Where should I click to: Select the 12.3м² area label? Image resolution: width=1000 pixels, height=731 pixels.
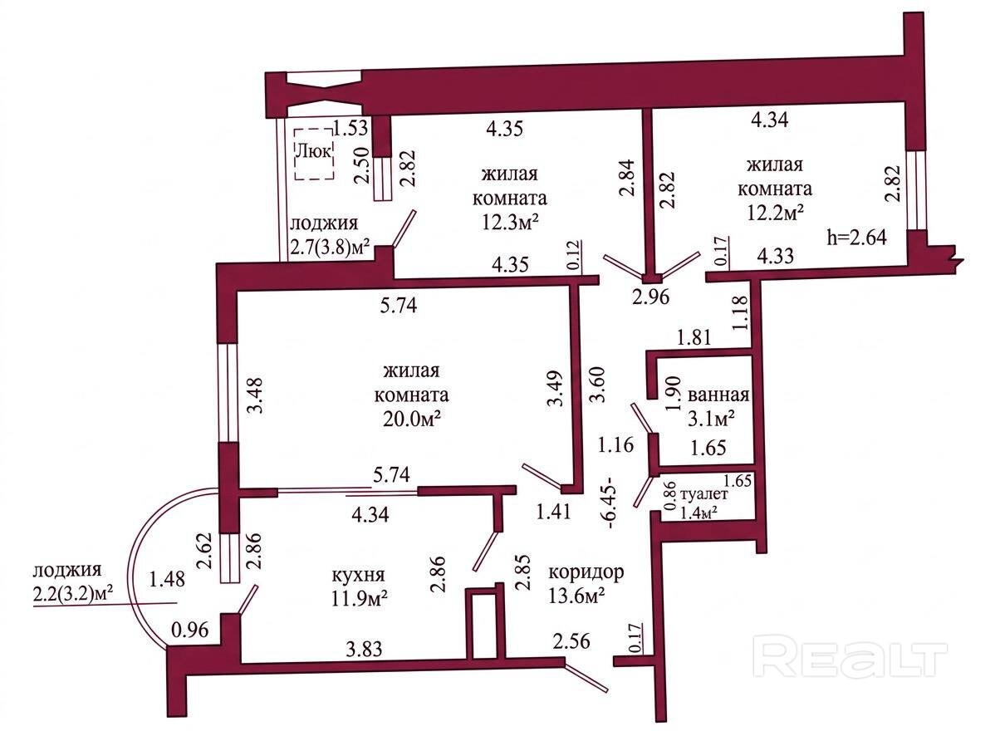tap(508, 222)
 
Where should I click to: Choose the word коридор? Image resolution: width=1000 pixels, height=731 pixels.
tap(586, 573)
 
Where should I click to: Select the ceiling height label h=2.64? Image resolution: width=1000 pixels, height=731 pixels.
tap(858, 236)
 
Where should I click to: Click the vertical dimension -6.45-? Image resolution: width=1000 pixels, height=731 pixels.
tap(611, 502)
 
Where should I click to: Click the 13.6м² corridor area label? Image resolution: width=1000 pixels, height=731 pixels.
tap(576, 596)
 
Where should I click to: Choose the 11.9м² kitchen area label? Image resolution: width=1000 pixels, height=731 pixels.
tap(362, 596)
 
